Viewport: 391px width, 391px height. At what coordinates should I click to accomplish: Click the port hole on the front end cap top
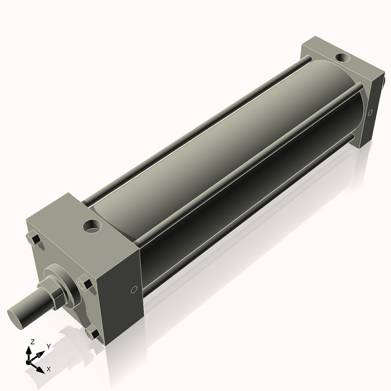click(92, 227)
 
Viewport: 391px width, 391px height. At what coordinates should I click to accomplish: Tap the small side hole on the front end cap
click(134, 289)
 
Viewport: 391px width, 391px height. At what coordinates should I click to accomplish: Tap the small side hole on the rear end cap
click(370, 113)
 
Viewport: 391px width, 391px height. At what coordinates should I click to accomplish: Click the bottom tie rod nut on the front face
click(94, 334)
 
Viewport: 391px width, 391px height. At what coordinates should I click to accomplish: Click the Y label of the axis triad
click(48, 347)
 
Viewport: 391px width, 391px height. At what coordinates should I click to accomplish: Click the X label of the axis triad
click(48, 369)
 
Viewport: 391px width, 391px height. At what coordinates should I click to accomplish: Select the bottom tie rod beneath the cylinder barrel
click(248, 215)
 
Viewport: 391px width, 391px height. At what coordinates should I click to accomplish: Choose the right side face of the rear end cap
click(372, 108)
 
